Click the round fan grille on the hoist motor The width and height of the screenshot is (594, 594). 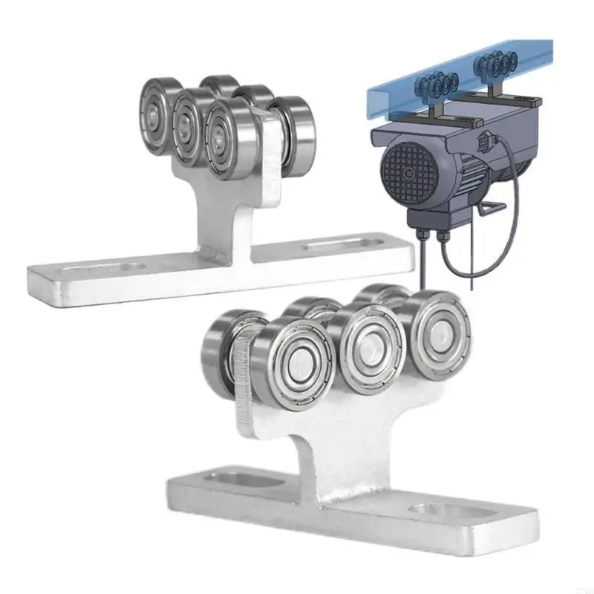click(406, 172)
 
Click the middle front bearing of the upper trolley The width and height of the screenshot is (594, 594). click(189, 127)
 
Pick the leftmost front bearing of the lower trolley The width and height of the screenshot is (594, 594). click(293, 363)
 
